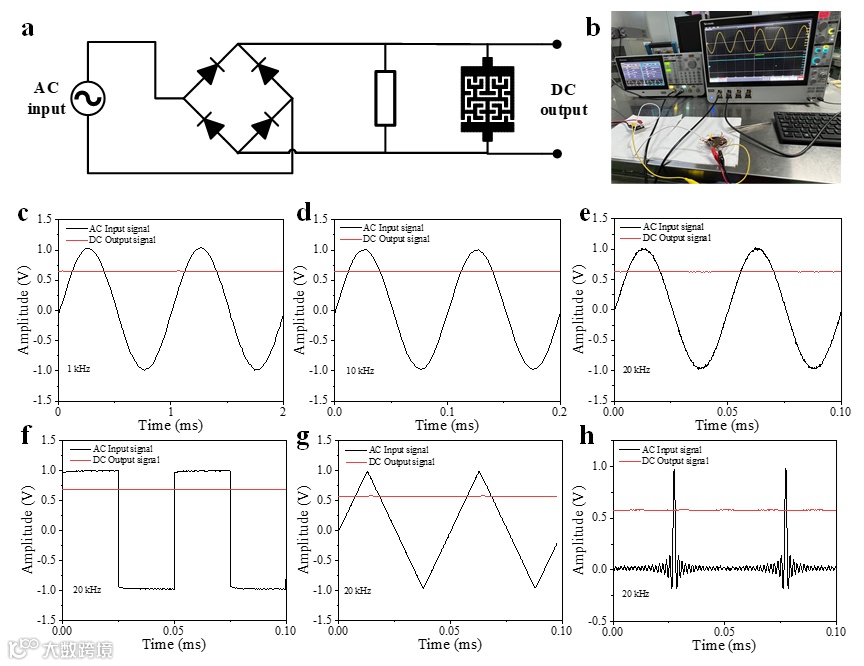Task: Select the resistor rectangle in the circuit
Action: [385, 98]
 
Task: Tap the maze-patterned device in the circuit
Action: [487, 98]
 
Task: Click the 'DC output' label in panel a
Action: [564, 99]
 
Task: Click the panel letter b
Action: [593, 28]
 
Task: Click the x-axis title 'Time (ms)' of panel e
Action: [726, 425]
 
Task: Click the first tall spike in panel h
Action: [674, 471]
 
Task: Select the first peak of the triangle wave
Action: [367, 471]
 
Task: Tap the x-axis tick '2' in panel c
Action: [283, 412]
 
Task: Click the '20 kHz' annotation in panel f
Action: [85, 591]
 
